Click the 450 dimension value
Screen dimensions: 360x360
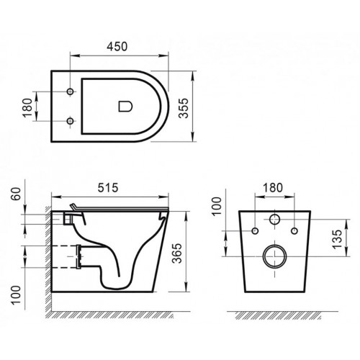tap(120, 46)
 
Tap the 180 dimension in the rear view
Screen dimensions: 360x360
tap(274, 186)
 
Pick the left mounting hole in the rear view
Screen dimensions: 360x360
tap(256, 231)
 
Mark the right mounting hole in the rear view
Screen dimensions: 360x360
tap(293, 231)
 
